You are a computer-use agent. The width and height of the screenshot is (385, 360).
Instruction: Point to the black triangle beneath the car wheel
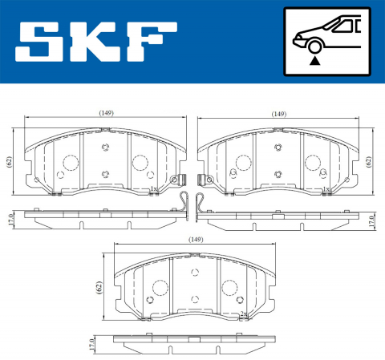[316, 59]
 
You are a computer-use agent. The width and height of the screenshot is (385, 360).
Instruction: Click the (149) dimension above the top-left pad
[106, 113]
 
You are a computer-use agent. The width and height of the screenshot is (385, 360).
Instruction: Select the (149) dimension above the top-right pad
[278, 113]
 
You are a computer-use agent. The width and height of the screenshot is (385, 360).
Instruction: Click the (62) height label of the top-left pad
[10, 160]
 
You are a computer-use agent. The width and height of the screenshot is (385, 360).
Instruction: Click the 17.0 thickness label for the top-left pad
[10, 218]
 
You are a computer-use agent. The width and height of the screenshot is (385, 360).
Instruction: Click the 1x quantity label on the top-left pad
[152, 189]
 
